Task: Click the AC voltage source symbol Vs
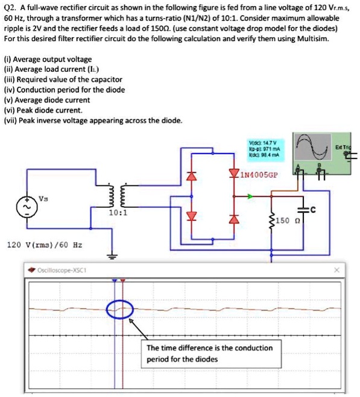tap(28, 205)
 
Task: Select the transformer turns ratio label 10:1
tap(118, 212)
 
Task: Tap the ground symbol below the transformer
tap(111, 255)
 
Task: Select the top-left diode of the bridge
tap(193, 176)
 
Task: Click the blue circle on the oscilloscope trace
tap(118, 310)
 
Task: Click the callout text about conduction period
tap(209, 354)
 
